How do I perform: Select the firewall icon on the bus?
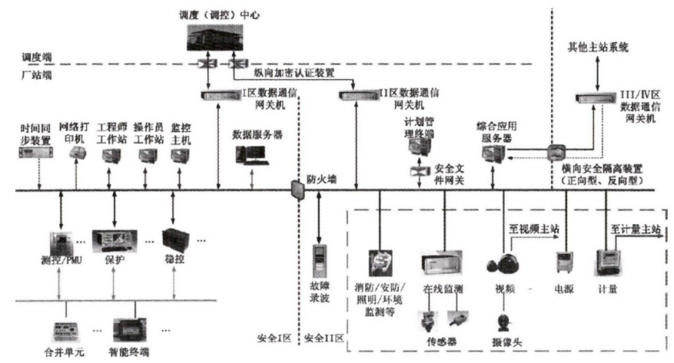296,189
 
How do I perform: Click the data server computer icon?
251,156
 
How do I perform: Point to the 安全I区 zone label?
273,338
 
